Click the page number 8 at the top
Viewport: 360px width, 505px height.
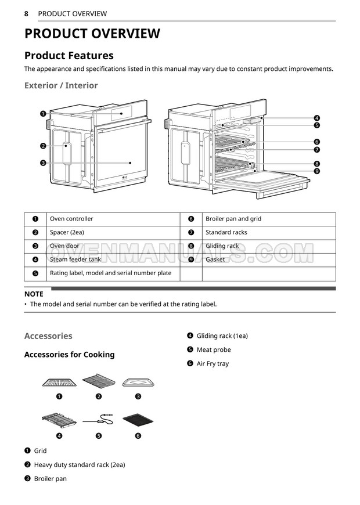26,13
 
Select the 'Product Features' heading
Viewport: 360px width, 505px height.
69,56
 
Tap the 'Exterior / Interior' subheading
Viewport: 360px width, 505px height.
61,85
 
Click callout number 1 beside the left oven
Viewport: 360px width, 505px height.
43,114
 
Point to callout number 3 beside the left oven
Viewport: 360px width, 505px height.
43,163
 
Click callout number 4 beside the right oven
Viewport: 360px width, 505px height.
317,118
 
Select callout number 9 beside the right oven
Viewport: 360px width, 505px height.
317,171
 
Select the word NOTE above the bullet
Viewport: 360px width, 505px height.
34,294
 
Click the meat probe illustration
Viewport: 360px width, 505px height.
98,420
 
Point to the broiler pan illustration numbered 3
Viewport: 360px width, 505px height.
138,383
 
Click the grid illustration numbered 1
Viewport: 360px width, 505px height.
59,383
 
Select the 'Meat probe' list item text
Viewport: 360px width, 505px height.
214,350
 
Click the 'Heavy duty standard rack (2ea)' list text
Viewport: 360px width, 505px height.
80,465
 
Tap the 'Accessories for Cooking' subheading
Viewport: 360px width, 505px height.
69,355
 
